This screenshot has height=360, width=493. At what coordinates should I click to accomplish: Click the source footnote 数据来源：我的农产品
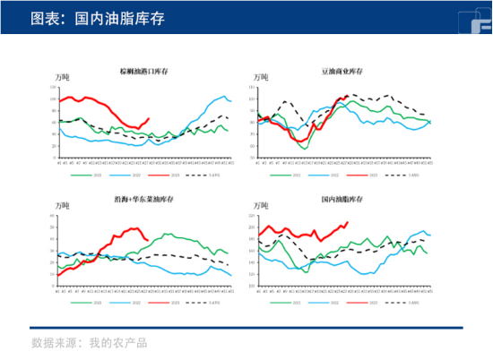pos(89,342)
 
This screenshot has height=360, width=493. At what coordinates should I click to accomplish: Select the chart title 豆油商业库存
pos(342,71)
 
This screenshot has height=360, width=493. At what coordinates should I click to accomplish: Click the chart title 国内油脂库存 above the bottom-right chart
pos(342,199)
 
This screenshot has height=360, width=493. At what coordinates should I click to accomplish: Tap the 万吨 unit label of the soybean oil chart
pos(260,79)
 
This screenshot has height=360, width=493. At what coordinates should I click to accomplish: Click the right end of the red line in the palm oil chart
pos(150,118)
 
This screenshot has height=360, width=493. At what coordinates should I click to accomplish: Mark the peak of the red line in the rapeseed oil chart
pos(135,227)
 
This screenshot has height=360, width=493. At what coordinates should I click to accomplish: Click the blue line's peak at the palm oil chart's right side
pos(221,96)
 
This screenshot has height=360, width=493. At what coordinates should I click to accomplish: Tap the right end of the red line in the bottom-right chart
pos(348,222)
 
